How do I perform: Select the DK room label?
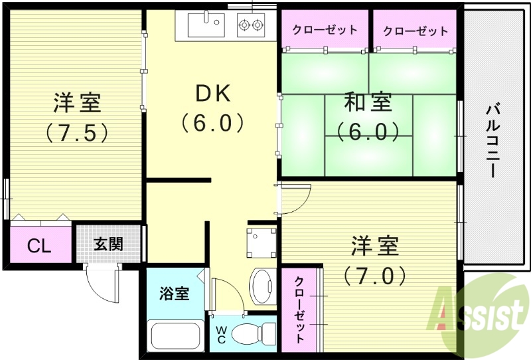point(212,94)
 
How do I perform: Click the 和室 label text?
point(368,103)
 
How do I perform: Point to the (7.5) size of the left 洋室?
point(77,133)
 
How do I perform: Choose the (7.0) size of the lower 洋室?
point(375,274)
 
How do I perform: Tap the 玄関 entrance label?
point(108,244)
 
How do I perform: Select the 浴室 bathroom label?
point(174,293)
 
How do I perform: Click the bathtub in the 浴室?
point(176,335)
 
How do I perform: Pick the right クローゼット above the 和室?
point(416,30)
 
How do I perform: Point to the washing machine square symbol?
point(262,243)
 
